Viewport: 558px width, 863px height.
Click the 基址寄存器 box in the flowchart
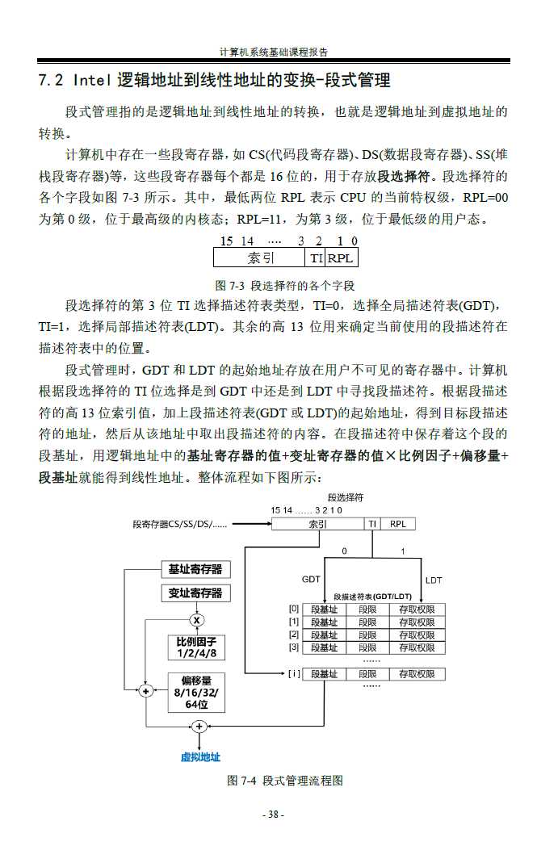click(x=195, y=569)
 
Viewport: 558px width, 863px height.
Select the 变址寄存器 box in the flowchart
click(x=195, y=593)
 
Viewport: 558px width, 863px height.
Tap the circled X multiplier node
click(x=196, y=620)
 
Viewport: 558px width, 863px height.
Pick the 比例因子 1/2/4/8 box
click(x=196, y=647)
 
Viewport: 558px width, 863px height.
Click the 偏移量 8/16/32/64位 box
click(x=196, y=692)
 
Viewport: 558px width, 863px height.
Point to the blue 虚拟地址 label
click(x=200, y=757)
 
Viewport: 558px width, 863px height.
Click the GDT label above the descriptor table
click(x=311, y=580)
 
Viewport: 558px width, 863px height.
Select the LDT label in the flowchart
click(x=434, y=580)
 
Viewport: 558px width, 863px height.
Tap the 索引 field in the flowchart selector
click(x=318, y=524)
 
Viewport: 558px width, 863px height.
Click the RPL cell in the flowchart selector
click(x=398, y=524)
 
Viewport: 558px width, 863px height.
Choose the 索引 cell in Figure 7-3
click(x=260, y=258)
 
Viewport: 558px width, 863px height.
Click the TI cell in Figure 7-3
click(x=317, y=258)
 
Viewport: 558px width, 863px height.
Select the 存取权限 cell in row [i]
click(x=417, y=674)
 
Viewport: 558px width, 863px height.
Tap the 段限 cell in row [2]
click(x=367, y=635)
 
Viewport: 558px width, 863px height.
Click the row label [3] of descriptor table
click(x=294, y=647)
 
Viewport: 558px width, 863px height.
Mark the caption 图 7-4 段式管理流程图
click(x=286, y=781)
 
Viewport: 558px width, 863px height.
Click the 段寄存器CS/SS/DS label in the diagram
click(x=179, y=524)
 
